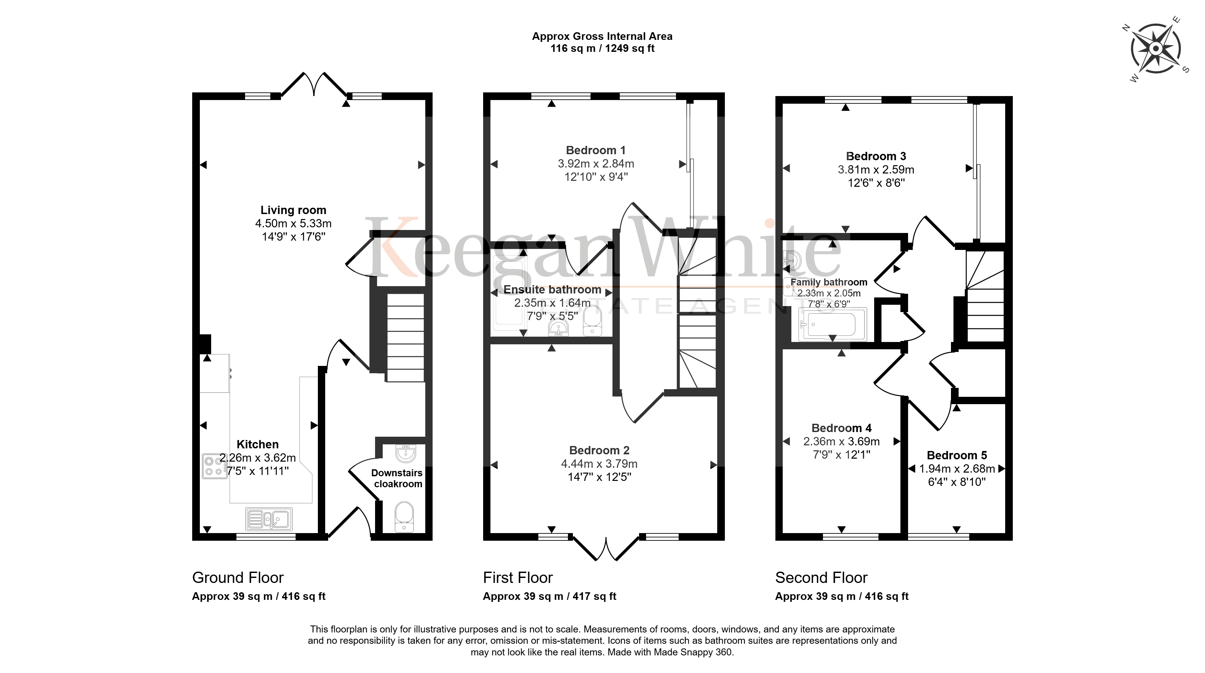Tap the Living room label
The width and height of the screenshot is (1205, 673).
click(293, 210)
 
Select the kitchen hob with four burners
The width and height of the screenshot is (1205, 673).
click(214, 466)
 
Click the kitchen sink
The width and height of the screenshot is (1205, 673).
click(269, 519)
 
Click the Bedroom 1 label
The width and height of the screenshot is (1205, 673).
click(596, 151)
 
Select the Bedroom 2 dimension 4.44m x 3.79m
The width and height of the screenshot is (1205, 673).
click(599, 464)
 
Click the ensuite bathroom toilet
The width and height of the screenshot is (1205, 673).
click(593, 320)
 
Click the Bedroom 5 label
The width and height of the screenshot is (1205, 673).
click(957, 456)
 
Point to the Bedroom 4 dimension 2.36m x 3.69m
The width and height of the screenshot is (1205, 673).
click(842, 441)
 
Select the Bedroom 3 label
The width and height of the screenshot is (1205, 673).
click(876, 156)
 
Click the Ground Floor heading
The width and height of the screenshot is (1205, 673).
click(238, 578)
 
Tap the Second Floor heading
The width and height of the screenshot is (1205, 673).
click(821, 578)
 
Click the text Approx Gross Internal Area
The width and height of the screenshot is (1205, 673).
click(602, 37)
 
